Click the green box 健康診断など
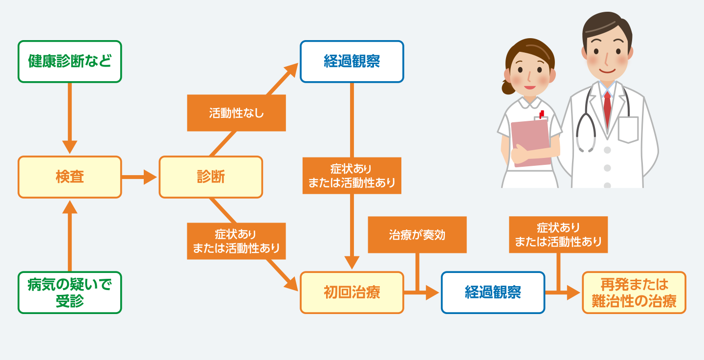70,62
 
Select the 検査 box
70,177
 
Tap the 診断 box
211,177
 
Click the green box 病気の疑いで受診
70,292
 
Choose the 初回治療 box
352,292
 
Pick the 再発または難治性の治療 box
634,292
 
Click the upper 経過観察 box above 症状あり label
352,62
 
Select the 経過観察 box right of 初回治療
493,292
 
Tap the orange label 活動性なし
236,113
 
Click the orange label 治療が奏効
418,235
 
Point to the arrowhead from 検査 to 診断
150,177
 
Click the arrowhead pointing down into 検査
70,147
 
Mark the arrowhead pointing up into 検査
70,207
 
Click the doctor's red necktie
608,109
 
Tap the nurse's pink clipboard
531,143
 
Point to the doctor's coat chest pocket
628,130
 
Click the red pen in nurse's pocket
542,114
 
